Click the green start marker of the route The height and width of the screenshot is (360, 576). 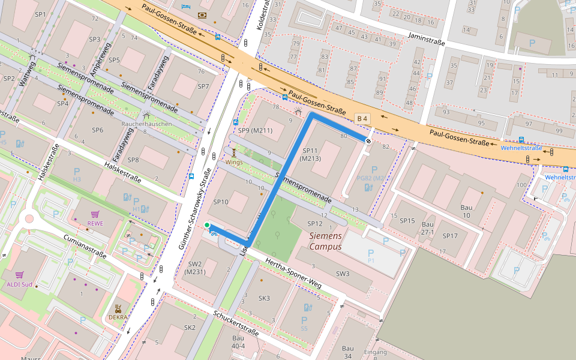point(207,226)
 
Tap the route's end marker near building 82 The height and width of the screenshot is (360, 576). point(367,140)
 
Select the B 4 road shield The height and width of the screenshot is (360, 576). point(361,118)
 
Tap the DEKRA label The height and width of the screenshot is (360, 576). point(118,317)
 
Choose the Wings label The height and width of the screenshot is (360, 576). point(234,162)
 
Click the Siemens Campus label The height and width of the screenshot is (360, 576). point(326,241)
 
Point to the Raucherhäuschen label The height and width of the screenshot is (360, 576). point(147,124)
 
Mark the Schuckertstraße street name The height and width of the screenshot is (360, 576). point(236,323)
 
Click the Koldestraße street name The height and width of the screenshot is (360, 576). point(262,17)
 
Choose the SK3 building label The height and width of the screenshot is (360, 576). point(264,298)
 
